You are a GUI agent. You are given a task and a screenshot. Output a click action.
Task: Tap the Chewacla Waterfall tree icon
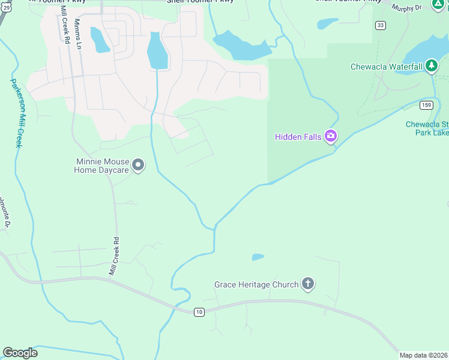[x=432, y=67]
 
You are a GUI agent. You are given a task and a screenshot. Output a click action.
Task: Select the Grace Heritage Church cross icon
[x=308, y=284]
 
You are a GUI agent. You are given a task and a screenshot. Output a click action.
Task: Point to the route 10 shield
[x=199, y=312]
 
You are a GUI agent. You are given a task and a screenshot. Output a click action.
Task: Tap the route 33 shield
[x=380, y=25]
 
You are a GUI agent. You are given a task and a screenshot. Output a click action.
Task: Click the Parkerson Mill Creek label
[x=16, y=113]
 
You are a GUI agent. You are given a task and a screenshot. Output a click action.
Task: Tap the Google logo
[x=20, y=353]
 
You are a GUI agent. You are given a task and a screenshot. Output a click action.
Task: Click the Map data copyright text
[x=424, y=355]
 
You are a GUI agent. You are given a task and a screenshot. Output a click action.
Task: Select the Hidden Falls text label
[x=298, y=137]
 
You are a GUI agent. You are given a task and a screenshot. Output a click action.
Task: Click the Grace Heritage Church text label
[x=256, y=284]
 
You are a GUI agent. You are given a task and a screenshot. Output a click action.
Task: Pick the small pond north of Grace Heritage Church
[x=258, y=257]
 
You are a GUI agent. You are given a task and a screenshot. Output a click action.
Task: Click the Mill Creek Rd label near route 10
[x=113, y=256]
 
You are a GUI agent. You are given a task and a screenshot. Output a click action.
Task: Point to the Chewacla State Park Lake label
[x=427, y=128]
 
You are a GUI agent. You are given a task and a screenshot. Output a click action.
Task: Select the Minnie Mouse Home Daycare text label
[x=101, y=166]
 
